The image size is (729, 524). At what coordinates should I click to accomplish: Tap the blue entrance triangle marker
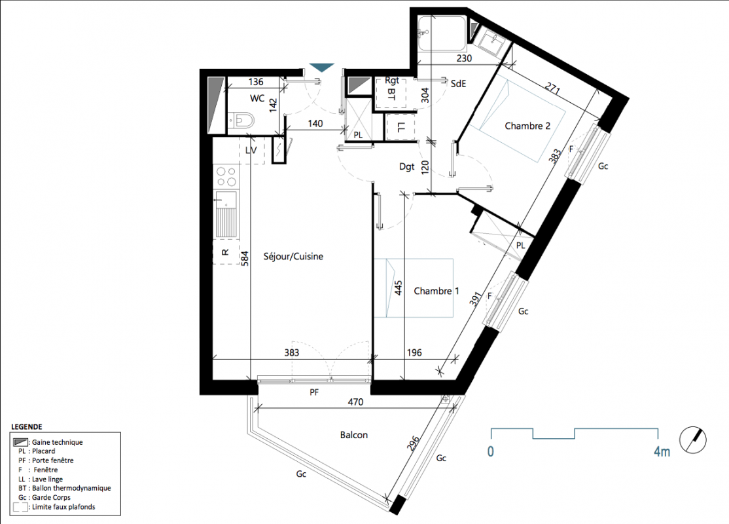tap(322, 68)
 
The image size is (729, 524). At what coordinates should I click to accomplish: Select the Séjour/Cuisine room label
tap(293, 256)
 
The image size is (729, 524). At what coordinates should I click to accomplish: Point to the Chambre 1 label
tap(436, 291)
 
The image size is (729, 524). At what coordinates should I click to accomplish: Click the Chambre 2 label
tap(527, 126)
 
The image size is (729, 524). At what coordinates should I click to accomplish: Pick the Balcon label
tap(354, 435)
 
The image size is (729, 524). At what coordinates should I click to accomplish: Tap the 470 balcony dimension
tap(355, 402)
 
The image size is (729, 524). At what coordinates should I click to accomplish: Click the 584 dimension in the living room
tap(245, 258)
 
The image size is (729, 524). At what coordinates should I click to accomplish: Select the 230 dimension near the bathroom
tap(464, 58)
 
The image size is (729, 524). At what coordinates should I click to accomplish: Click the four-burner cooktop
tap(226, 177)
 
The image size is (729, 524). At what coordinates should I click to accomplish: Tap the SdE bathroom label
tap(458, 84)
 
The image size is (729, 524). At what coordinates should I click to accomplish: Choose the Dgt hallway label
tap(407, 166)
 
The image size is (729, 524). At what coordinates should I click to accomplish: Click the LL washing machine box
tap(400, 126)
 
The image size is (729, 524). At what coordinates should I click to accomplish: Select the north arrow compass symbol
tap(693, 440)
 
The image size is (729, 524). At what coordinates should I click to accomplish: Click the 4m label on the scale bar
tap(662, 451)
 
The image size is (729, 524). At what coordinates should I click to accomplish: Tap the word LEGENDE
tap(26, 427)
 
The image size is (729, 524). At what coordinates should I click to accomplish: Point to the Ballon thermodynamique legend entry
tap(65, 488)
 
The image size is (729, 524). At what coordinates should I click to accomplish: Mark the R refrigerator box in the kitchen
tap(226, 252)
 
